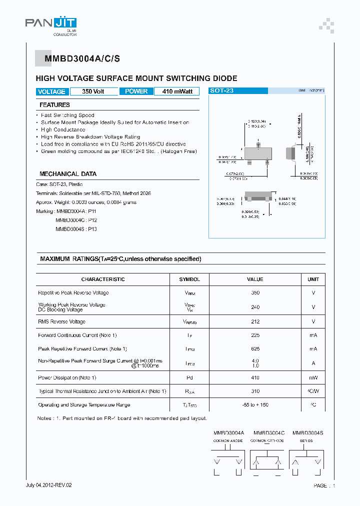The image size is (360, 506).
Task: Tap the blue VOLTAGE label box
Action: tap(51, 91)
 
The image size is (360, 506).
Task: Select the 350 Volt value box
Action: tap(93, 91)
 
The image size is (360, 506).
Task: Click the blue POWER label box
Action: tap(136, 91)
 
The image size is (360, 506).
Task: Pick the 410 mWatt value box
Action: tap(177, 91)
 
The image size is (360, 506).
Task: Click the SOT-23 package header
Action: tap(222, 91)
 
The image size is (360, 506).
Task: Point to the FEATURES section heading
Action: tap(55, 105)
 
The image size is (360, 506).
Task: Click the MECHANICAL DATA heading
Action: tap(68, 174)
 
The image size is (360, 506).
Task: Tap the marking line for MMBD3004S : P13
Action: tap(76, 229)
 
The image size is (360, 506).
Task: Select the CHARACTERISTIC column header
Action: tap(103, 279)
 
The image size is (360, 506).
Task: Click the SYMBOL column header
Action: tap(190, 279)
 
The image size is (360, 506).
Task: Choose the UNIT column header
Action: tap(313, 279)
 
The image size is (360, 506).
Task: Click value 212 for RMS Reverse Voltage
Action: tap(255, 321)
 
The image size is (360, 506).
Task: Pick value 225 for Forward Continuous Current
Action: tap(255, 335)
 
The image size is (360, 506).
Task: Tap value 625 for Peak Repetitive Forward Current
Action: tap(255, 349)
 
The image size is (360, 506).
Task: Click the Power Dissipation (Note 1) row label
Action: tap(67, 377)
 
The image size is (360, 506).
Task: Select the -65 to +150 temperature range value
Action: tap(255, 405)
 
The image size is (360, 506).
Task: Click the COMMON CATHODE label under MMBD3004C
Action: tap(267, 441)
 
